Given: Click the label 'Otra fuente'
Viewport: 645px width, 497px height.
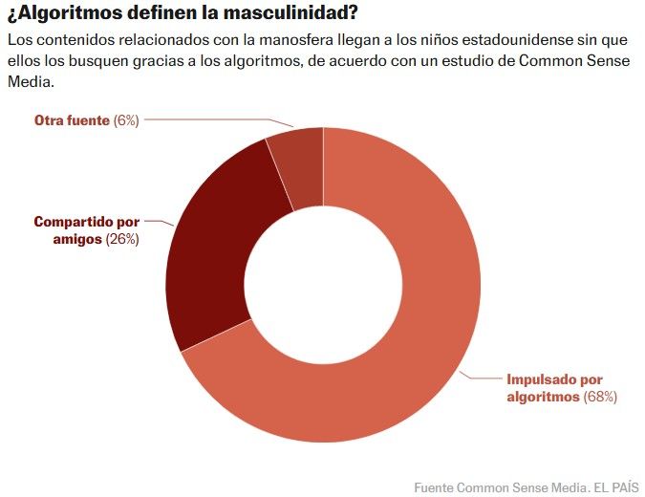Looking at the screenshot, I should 72,120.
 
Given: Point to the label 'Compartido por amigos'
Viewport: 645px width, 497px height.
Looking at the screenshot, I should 87,230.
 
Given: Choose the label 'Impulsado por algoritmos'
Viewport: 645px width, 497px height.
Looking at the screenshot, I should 554,387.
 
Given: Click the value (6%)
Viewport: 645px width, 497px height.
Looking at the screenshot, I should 126,120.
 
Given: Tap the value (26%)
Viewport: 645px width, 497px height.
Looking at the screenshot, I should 122,239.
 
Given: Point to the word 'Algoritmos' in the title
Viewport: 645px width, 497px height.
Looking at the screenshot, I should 65,14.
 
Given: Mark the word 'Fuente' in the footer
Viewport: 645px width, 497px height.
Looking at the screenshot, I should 435,486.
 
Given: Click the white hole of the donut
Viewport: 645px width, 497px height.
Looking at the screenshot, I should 323,285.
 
